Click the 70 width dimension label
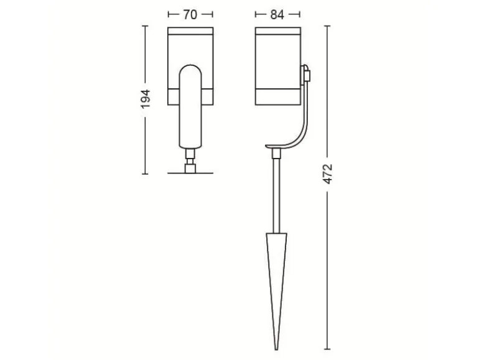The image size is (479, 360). [190, 15]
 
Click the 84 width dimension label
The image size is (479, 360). [277, 15]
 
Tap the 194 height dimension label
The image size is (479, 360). [146, 99]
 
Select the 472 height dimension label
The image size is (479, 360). [327, 174]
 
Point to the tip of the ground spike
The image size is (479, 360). [276, 349]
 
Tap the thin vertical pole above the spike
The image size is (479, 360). [276, 196]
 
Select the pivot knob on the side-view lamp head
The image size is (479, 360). [306, 73]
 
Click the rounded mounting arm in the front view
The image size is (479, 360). [190, 107]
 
